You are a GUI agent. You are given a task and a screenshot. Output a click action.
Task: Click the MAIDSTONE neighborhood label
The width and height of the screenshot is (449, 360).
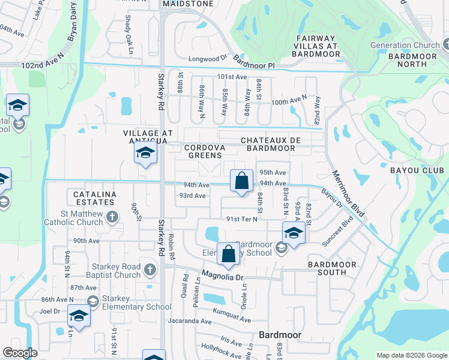186,4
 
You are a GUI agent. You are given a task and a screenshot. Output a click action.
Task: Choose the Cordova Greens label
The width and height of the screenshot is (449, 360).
205,151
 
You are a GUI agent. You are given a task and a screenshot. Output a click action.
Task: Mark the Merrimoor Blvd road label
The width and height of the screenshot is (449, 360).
348,193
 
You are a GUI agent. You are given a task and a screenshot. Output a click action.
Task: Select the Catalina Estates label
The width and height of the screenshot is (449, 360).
94,199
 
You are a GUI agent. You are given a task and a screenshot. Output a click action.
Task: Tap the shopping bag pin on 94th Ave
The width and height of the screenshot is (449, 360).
241,181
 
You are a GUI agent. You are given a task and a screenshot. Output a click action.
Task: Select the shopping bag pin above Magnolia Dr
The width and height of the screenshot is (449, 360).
229,254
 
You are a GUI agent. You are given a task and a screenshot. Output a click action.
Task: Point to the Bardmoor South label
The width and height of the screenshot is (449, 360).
327,268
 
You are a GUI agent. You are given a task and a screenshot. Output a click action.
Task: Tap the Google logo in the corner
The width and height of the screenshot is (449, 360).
20,353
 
